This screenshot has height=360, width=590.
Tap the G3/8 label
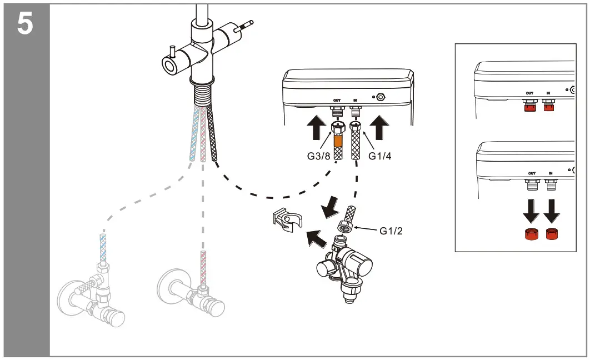[319, 156]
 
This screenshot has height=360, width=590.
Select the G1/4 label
[380, 156]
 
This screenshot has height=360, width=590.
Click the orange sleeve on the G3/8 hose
[337, 136]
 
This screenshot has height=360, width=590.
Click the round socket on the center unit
[381, 97]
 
